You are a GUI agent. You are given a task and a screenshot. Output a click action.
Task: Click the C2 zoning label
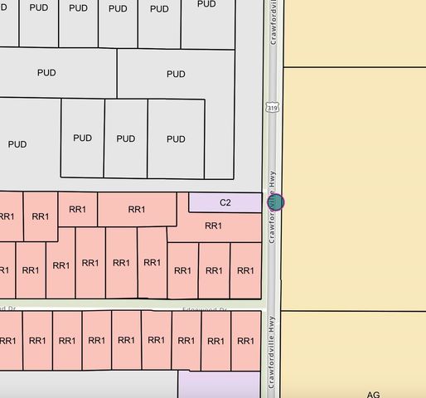pos(225,202)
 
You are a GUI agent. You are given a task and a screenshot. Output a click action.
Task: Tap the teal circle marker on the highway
pos(276,201)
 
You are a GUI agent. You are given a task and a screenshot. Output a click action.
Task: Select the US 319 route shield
pos(273,109)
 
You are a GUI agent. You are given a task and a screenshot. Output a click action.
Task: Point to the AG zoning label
pos(373,395)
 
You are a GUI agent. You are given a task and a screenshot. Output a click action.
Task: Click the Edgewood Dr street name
pos(205,310)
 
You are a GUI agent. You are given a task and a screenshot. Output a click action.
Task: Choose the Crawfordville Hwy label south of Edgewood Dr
pos(271,357)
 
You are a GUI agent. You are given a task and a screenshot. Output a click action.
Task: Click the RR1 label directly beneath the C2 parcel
pos(213,226)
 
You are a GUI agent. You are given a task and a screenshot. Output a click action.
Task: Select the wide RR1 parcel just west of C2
pos(137,209)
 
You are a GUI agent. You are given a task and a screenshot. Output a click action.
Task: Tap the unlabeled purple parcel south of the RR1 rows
pos(219,384)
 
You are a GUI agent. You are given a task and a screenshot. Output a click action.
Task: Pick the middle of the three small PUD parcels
pos(125,138)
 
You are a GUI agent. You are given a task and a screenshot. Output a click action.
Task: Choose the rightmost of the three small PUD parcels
pos(176,138)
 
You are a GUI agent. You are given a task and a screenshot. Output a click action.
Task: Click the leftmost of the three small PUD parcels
pos(82,138)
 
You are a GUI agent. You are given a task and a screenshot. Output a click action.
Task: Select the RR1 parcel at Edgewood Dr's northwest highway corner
pos(244,270)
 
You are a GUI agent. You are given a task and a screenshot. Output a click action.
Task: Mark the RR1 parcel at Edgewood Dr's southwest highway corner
pos(244,340)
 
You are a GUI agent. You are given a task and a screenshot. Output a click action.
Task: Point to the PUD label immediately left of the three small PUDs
pos(17,144)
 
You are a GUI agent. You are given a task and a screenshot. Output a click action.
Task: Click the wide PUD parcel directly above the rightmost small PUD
pos(176,74)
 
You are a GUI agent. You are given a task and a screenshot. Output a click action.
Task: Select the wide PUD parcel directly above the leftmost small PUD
pos(47,73)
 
